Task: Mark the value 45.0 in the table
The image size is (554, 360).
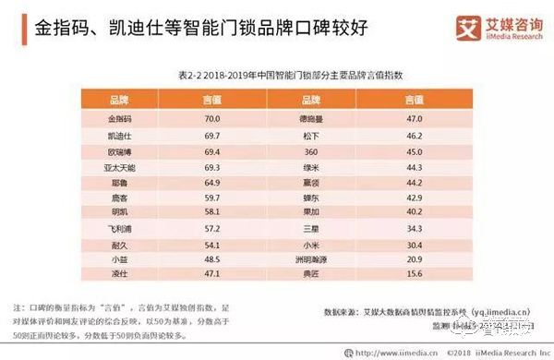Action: (413, 150)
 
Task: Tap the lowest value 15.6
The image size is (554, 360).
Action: (413, 276)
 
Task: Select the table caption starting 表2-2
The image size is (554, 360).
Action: (277, 74)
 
